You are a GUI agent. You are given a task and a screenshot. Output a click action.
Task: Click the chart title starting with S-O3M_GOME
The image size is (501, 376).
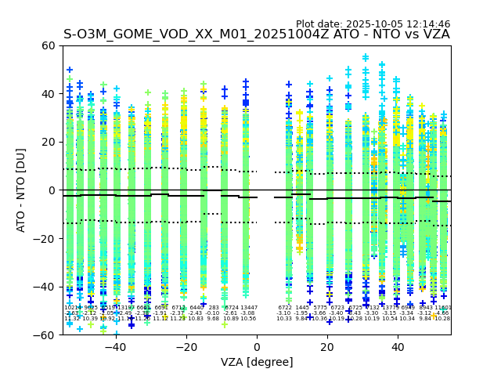click(257, 34)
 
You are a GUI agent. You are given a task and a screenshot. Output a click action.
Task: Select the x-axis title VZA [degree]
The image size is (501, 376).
click(257, 362)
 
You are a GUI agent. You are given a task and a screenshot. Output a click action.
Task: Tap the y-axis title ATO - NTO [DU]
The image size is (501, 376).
click(21, 190)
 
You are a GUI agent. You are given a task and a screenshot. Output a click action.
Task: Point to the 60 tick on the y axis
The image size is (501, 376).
click(47, 45)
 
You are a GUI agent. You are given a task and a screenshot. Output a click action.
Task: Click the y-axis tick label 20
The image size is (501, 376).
click(47, 142)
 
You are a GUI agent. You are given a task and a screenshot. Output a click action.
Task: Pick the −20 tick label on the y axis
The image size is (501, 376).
click(44, 238)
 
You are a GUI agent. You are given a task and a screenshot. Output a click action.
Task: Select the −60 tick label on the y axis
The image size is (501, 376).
click(44, 334)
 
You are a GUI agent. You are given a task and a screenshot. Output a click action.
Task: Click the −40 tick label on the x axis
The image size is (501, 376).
click(115, 347)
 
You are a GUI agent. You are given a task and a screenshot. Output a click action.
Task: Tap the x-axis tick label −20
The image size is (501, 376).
click(186, 347)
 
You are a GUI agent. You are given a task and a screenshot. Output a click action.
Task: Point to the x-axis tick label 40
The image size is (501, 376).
click(398, 347)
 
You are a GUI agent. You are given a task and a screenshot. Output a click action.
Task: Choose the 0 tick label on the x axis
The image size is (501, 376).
click(257, 347)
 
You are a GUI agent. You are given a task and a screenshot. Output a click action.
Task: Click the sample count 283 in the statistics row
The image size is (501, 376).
click(213, 308)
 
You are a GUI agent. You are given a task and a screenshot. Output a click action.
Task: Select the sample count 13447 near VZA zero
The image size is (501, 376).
click(248, 308)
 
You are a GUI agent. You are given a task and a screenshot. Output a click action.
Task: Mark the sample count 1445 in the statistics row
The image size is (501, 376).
click(302, 308)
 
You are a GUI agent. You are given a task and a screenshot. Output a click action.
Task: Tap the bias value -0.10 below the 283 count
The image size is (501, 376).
click(213, 313)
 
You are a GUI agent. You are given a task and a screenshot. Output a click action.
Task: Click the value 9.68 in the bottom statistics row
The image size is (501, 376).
click(213, 319)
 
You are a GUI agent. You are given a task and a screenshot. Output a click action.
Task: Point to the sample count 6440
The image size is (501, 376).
click(196, 308)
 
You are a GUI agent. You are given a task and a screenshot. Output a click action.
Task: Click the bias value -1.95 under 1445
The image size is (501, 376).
click(302, 313)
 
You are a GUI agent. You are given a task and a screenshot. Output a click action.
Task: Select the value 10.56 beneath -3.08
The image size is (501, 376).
click(248, 319)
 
